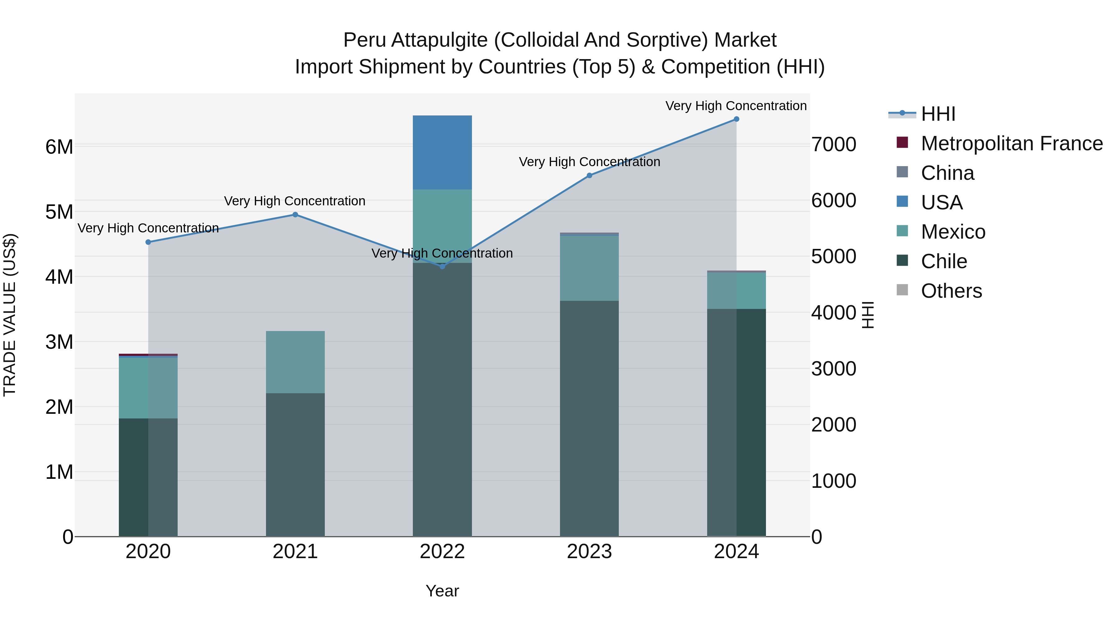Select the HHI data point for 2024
pyautogui.click(x=736, y=119)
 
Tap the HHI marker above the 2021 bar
pyautogui.click(x=295, y=214)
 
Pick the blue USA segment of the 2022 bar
pyautogui.click(x=442, y=152)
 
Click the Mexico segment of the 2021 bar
pyautogui.click(x=295, y=362)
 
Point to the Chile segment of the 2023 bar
pyautogui.click(x=589, y=418)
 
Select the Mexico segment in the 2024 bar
pyautogui.click(x=736, y=291)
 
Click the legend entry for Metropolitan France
pyautogui.click(x=1012, y=143)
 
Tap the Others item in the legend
pyautogui.click(x=951, y=291)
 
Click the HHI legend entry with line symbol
pyautogui.click(x=938, y=114)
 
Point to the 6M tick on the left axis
pyautogui.click(x=59, y=147)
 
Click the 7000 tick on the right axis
pyautogui.click(x=833, y=144)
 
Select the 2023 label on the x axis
pyautogui.click(x=589, y=552)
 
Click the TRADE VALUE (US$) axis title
pyautogui.click(x=10, y=315)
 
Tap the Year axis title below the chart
pyautogui.click(x=442, y=591)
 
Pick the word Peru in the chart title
pyautogui.click(x=365, y=40)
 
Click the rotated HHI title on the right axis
pyautogui.click(x=868, y=315)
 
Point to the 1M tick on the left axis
pyautogui.click(x=59, y=472)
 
